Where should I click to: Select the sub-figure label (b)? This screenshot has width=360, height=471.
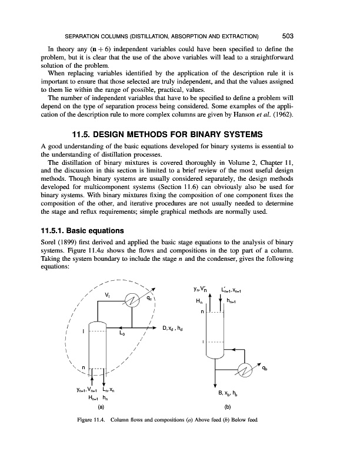pos(227,406)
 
